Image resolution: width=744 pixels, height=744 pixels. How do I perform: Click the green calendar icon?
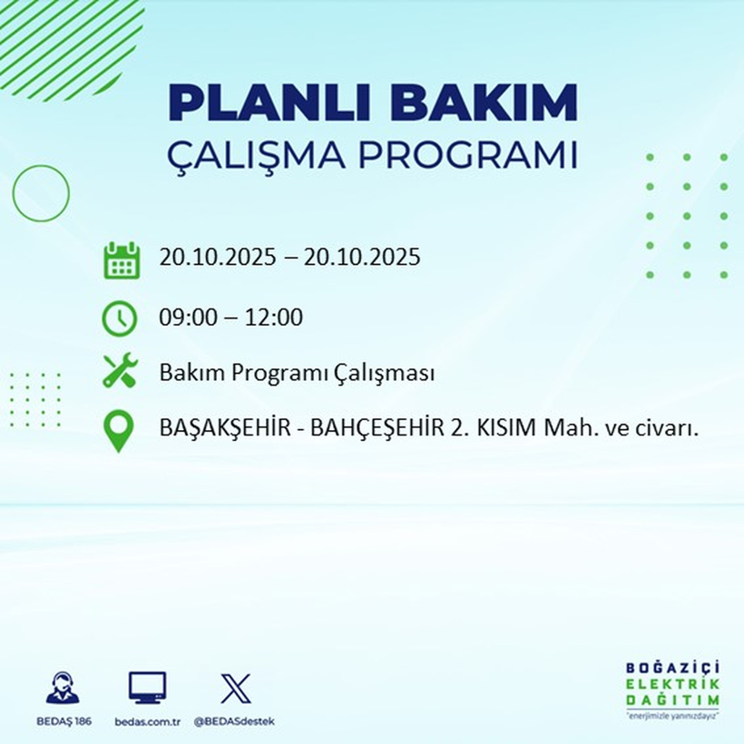click(x=121, y=260)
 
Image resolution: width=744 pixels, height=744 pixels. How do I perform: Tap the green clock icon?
click(x=120, y=318)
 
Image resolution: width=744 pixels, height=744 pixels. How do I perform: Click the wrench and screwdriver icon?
click(x=120, y=372)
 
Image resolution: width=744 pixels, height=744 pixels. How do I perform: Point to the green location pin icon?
click(x=120, y=431)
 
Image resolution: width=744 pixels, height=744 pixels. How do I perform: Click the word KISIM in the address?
click(x=502, y=428)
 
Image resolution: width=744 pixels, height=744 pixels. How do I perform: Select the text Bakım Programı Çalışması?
click(x=296, y=373)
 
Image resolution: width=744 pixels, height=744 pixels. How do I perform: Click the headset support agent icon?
click(x=63, y=689)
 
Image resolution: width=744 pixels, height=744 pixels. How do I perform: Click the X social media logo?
click(x=235, y=689)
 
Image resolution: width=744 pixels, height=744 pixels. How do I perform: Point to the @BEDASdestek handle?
click(x=235, y=721)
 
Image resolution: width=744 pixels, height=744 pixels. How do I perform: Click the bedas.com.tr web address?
click(x=148, y=721)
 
